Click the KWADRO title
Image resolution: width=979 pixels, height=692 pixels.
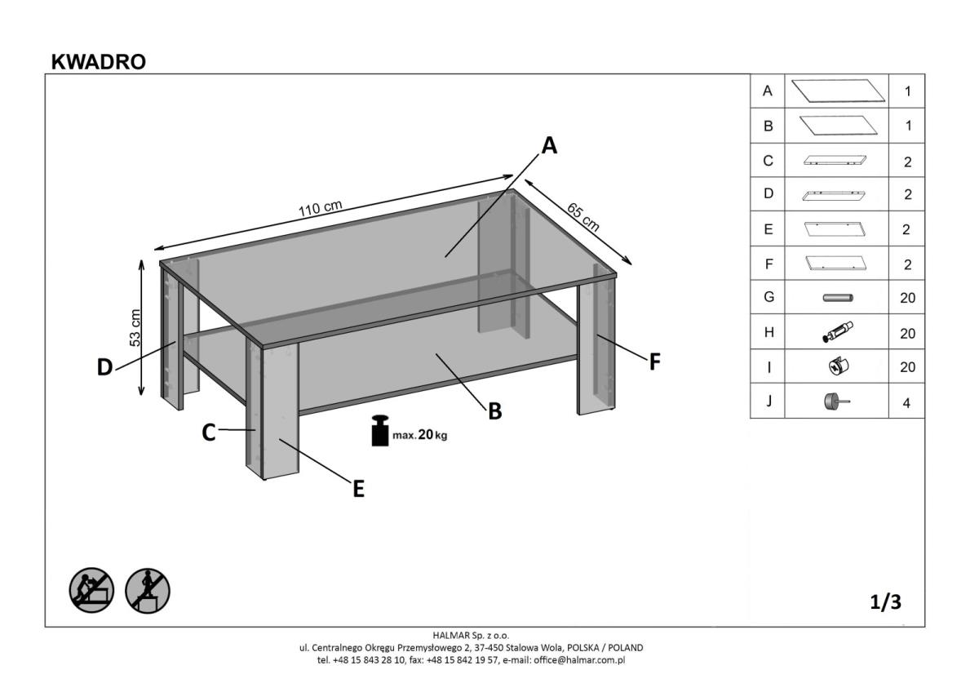(98, 62)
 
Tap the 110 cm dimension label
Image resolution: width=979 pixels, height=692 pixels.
(320, 208)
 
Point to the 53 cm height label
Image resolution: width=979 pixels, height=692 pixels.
(135, 328)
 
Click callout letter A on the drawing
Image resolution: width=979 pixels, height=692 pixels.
(549, 146)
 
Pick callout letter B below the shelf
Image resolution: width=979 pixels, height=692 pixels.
(494, 412)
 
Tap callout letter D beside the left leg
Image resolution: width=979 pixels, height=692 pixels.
(104, 368)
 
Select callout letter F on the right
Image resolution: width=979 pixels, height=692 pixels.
(654, 362)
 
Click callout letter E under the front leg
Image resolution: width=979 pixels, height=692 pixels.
(358, 490)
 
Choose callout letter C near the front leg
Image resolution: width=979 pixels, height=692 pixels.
(209, 433)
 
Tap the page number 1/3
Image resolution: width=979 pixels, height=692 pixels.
(885, 602)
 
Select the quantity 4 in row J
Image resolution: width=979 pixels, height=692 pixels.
(906, 403)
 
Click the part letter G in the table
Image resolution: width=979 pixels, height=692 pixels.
(768, 298)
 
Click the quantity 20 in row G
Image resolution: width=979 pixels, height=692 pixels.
(907, 298)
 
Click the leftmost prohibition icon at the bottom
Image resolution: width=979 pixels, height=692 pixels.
(91, 590)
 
